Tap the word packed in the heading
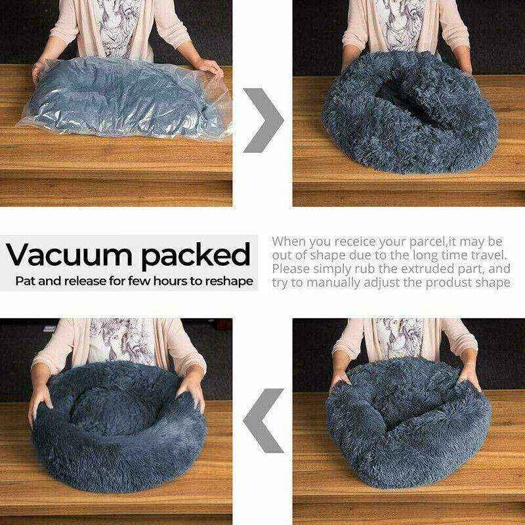(x=197, y=255)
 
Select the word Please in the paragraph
(x=294, y=269)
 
